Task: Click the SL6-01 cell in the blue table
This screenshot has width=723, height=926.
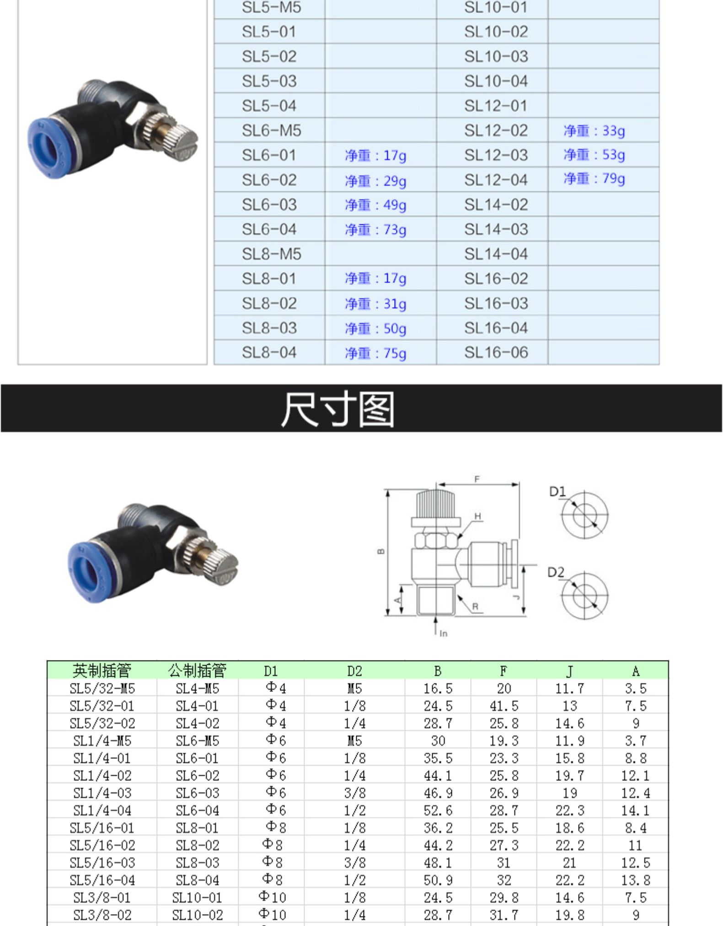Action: tap(269, 155)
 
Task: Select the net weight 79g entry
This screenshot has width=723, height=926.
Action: tap(594, 179)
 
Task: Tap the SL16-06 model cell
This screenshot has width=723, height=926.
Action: tap(496, 352)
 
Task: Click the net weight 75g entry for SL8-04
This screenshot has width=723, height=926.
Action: tap(375, 353)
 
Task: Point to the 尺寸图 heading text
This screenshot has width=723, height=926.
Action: tap(337, 409)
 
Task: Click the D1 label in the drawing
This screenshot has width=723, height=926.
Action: tap(557, 492)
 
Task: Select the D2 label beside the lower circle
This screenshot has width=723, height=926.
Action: tap(556, 572)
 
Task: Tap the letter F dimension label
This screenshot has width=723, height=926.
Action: tap(477, 479)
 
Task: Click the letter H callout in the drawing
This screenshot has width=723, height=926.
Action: tap(477, 516)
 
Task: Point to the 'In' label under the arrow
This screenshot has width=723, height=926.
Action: tap(443, 634)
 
